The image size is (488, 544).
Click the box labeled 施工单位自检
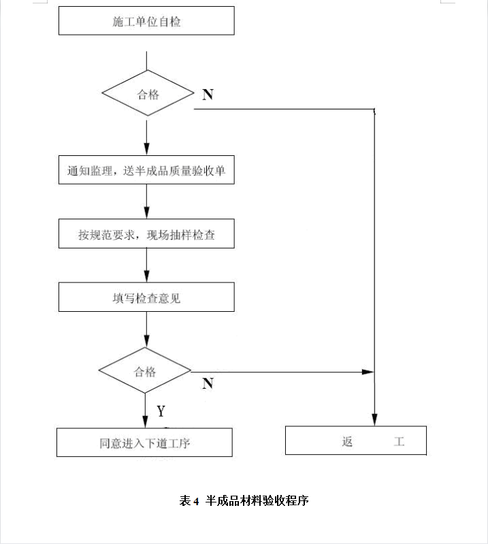146,20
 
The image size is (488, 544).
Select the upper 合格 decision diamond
148,93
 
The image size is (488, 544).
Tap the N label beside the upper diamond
208,95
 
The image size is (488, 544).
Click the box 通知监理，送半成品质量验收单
146,170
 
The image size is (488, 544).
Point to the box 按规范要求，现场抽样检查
146,234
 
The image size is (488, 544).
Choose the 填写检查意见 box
146,297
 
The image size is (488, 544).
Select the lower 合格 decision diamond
145,370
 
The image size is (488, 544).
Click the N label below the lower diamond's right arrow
208,383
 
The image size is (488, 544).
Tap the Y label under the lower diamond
161,411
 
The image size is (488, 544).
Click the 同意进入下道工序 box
144,443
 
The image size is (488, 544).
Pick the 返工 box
356,441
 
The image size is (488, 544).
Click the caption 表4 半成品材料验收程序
244,500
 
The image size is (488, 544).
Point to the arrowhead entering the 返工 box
374,420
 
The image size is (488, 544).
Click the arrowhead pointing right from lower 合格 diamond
368,372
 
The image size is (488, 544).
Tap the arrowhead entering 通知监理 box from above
147,149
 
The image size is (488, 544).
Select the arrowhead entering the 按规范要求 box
147,212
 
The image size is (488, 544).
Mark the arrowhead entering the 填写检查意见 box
147,276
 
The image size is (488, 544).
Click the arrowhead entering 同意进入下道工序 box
146,422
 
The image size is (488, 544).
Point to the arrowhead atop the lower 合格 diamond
147,341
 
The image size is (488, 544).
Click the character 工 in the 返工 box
399,441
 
